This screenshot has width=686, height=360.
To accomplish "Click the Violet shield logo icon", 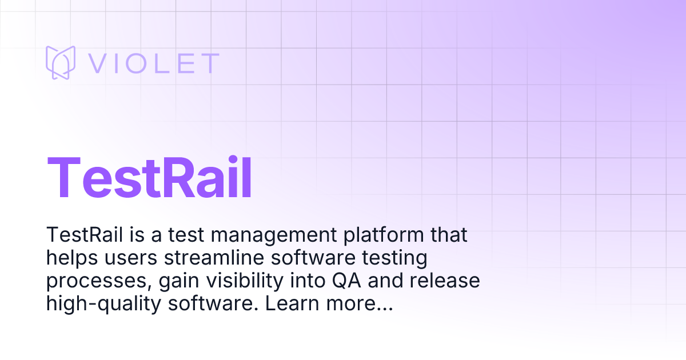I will [x=61, y=62].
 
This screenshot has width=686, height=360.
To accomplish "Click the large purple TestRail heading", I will [x=150, y=177].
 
